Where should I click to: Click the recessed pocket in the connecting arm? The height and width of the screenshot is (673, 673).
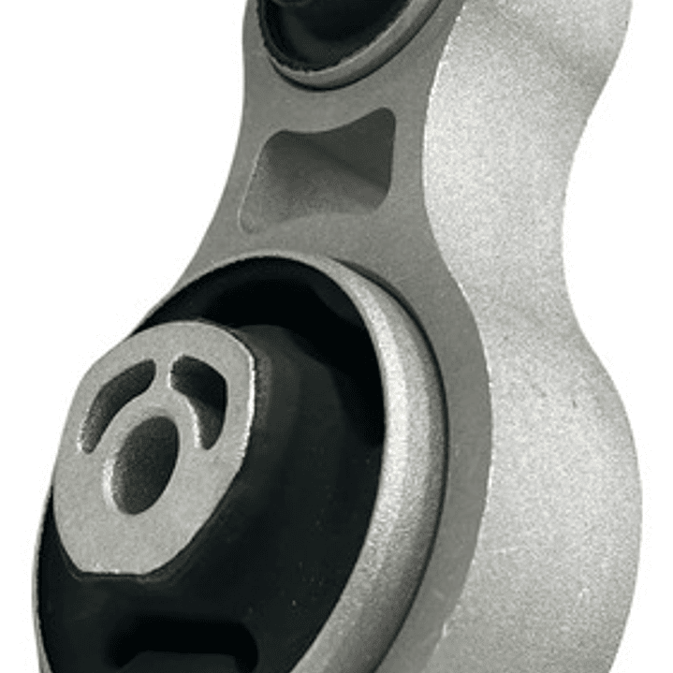pos(323,168)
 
